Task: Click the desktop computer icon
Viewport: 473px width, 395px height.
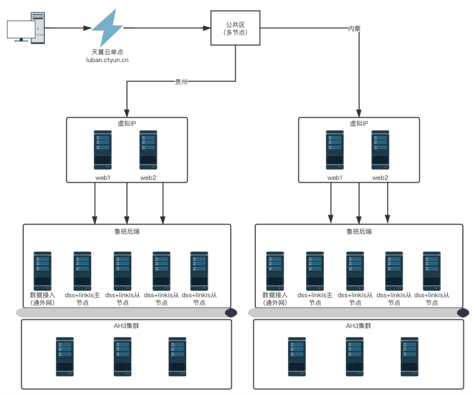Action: point(26,28)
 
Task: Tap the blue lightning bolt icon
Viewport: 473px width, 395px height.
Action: point(107,28)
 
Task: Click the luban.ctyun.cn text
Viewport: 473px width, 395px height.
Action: point(107,60)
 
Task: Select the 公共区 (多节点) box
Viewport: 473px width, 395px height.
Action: point(235,28)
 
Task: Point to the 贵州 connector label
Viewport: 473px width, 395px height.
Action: point(181,81)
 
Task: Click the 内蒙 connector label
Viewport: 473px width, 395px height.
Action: point(354,29)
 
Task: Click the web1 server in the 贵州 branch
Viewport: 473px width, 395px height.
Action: point(103,150)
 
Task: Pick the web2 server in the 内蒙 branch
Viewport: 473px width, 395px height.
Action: point(380,150)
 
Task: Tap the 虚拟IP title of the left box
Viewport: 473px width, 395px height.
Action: point(127,124)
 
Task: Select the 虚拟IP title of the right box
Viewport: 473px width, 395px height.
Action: point(359,124)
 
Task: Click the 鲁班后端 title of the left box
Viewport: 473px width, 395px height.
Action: point(127,231)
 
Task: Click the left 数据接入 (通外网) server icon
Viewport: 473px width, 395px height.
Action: point(43,271)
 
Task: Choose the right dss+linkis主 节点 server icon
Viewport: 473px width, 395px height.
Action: point(315,271)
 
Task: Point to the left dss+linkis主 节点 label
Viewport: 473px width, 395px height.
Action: point(82,299)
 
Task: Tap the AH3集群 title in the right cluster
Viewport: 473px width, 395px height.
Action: point(359,326)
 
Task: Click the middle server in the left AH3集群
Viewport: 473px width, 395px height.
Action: point(123,357)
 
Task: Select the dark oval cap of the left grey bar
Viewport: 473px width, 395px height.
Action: point(231,313)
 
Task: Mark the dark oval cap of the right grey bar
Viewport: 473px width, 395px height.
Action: point(463,313)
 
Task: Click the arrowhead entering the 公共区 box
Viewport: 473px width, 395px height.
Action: point(207,28)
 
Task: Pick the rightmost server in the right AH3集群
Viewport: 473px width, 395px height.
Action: point(409,357)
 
